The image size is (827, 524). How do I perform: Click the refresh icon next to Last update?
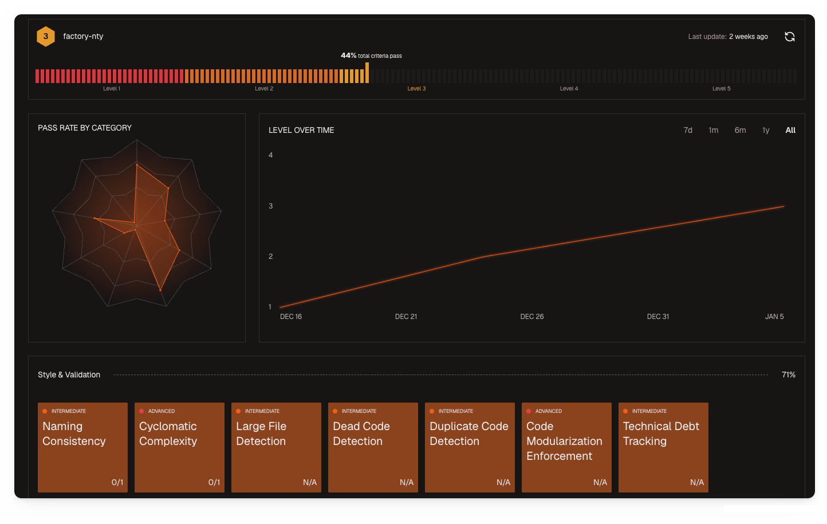pyautogui.click(x=789, y=37)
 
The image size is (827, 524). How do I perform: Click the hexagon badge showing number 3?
pyautogui.click(x=46, y=36)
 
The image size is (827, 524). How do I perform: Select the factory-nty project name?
pyautogui.click(x=83, y=36)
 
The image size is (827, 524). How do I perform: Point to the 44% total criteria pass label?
pyautogui.click(x=371, y=56)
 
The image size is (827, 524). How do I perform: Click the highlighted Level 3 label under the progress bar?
pyautogui.click(x=416, y=89)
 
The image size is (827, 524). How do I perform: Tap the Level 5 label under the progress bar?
pyautogui.click(x=721, y=89)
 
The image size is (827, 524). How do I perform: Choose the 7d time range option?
pyautogui.click(x=688, y=130)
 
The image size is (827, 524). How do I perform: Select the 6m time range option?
pyautogui.click(x=740, y=130)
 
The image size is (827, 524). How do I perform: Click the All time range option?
pyautogui.click(x=790, y=130)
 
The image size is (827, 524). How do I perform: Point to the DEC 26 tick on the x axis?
pyautogui.click(x=531, y=317)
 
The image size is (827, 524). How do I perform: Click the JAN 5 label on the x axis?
pyautogui.click(x=774, y=317)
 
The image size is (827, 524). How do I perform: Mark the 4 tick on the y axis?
pyautogui.click(x=271, y=155)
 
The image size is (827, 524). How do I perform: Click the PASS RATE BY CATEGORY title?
pyautogui.click(x=85, y=128)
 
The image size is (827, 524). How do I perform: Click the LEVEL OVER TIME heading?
pyautogui.click(x=301, y=130)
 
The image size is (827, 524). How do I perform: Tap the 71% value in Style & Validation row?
pyautogui.click(x=788, y=375)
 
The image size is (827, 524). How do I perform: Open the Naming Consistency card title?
pyautogui.click(x=74, y=434)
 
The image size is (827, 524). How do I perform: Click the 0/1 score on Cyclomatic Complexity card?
pyautogui.click(x=214, y=482)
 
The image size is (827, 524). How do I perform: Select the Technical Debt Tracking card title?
pyautogui.click(x=661, y=434)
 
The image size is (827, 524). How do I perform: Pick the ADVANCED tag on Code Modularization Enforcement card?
pyautogui.click(x=548, y=411)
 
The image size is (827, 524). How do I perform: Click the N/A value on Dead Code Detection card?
pyautogui.click(x=406, y=482)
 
